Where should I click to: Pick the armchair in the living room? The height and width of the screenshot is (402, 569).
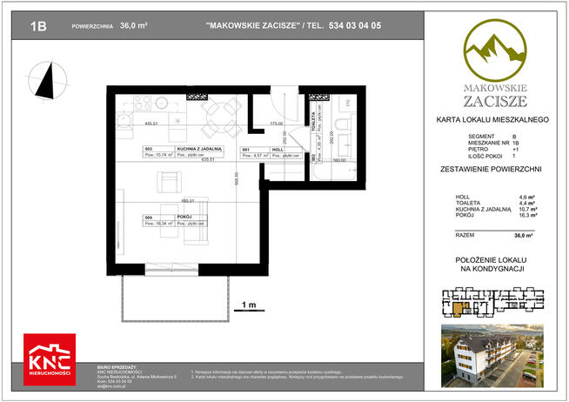[x=168, y=181]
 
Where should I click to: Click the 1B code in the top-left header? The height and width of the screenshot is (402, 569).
[x=38, y=27]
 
